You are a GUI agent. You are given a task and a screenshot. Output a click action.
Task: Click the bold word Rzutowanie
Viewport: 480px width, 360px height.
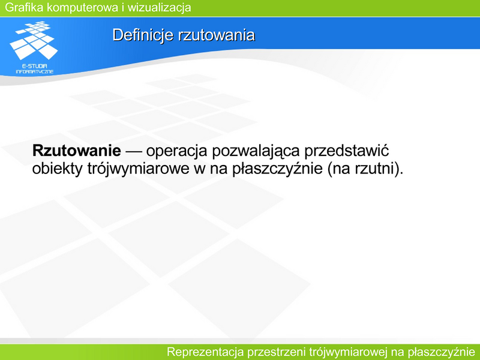point(77,151)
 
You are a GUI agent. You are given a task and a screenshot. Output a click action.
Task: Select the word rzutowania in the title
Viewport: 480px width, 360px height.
point(216,35)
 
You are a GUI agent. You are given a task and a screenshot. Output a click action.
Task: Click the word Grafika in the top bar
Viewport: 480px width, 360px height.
point(24,7)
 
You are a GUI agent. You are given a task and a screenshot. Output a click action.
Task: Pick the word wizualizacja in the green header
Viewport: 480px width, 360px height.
point(159,8)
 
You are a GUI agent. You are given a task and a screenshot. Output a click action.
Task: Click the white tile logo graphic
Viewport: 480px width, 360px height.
point(34,40)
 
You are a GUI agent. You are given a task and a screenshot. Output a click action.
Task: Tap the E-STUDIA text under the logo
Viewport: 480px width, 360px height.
point(35,66)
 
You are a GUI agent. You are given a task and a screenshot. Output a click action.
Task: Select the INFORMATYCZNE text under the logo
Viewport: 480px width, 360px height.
point(35,71)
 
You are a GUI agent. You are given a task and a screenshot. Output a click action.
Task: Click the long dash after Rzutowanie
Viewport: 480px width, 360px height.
point(133,151)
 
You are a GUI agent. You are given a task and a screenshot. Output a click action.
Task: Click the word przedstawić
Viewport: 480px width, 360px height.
point(347,151)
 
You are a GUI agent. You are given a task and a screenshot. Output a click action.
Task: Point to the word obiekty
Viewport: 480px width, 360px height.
point(57,169)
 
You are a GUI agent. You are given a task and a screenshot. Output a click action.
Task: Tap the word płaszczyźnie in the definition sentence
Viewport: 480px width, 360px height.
point(278,169)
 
